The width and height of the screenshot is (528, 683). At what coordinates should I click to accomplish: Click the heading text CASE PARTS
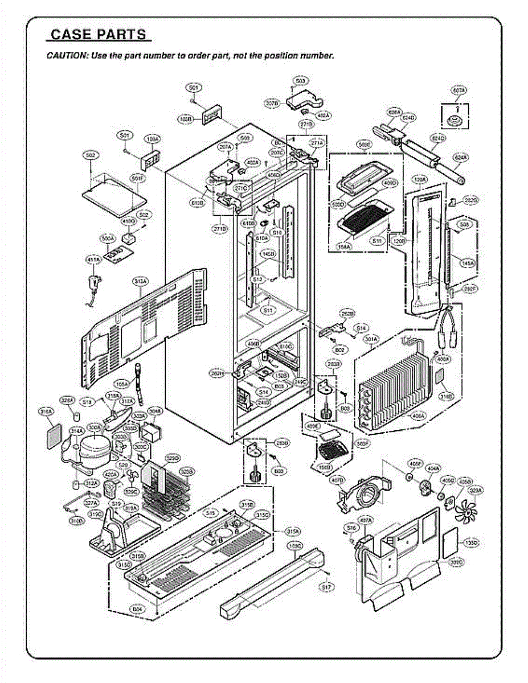pos(98,34)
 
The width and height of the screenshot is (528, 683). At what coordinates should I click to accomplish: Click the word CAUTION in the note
pos(65,56)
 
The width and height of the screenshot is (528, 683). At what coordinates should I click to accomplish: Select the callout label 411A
pos(92,260)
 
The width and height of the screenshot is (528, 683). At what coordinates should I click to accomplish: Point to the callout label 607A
pos(459,90)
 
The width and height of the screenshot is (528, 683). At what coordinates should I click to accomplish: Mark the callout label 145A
pos(468,263)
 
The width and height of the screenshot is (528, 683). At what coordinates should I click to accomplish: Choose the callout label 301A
pos(371,340)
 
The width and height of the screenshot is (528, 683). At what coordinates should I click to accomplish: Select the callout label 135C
pos(471,544)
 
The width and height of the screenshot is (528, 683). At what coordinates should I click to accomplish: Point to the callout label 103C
pos(294,546)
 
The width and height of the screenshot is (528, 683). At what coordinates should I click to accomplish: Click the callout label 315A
pos(293,530)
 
